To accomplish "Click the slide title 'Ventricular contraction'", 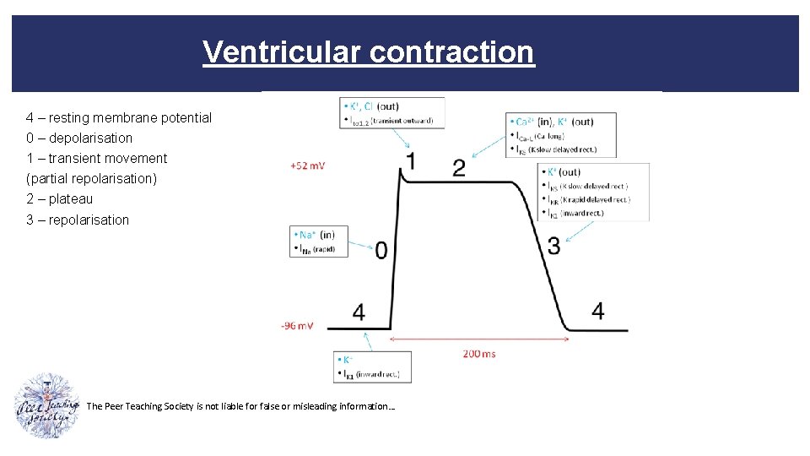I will [368, 52].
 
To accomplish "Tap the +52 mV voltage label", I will [307, 166].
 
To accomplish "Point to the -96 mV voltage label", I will [297, 325].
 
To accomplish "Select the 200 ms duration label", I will [479, 353].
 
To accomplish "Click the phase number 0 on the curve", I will [381, 250].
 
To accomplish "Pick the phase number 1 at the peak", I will [410, 161].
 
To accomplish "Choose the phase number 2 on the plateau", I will [458, 168].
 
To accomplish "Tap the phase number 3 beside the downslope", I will [553, 246].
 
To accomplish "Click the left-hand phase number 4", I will [359, 312].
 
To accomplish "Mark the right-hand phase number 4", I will [597, 311].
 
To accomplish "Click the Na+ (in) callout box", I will [315, 241].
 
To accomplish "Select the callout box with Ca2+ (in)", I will [561, 135].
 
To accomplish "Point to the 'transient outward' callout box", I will [390, 113].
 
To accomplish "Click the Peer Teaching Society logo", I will [47, 404].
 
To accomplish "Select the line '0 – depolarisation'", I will [79, 138].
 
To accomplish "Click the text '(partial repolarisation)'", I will [91, 179].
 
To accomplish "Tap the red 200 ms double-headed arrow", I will [479, 340].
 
